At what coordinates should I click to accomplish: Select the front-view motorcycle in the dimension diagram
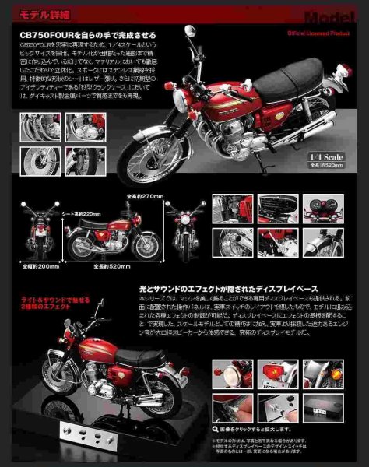coord(184,233)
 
